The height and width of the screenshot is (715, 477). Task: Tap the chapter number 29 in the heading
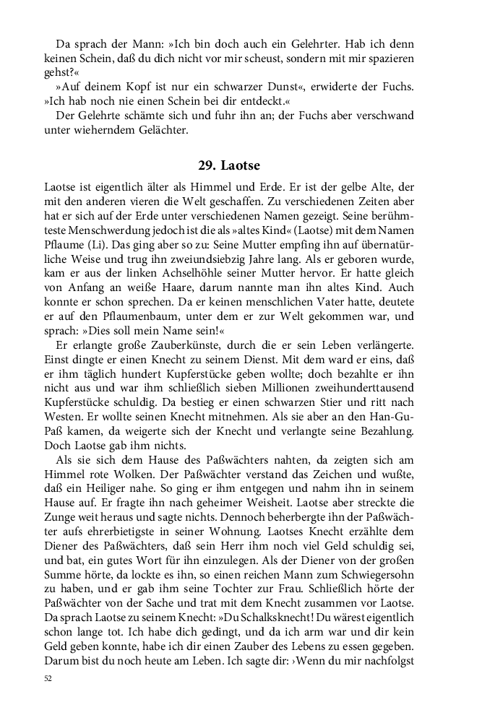tap(207, 166)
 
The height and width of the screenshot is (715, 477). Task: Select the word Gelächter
tap(156, 130)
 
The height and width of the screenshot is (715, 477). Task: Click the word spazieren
tap(391, 58)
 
